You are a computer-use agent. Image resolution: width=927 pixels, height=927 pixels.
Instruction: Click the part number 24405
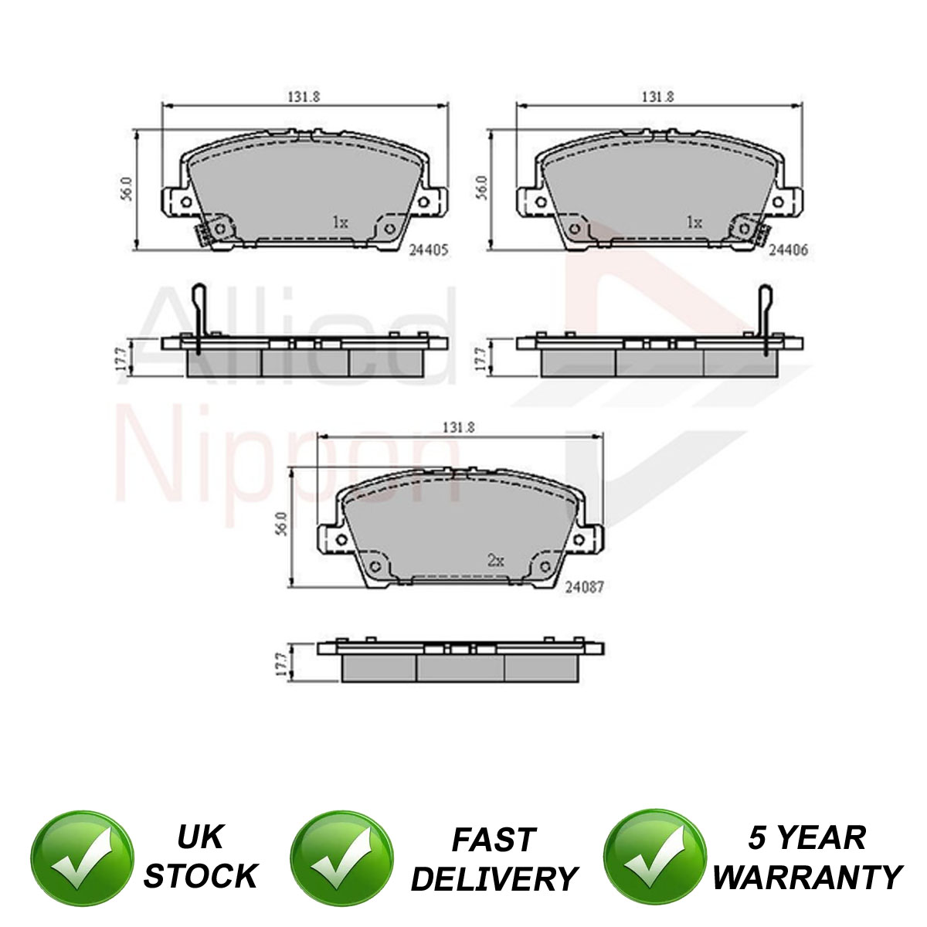coord(428,250)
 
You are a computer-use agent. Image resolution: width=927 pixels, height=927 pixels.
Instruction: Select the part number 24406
coord(788,250)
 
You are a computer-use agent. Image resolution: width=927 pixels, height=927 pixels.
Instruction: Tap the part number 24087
coord(584,587)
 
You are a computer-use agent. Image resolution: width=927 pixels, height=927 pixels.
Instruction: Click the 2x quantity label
coord(495,560)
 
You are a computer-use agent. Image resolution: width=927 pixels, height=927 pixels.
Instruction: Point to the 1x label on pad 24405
coord(340,222)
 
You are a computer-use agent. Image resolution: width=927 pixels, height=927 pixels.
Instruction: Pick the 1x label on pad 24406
coord(694,222)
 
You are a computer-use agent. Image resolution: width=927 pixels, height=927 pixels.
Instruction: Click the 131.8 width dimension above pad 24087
coord(458,427)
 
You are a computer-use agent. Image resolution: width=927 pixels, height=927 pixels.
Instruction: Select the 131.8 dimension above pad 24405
coord(304,97)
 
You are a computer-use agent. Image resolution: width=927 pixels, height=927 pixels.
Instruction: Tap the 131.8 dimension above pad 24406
coord(658,97)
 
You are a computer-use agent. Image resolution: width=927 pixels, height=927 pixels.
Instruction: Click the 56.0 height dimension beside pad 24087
coord(282,525)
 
